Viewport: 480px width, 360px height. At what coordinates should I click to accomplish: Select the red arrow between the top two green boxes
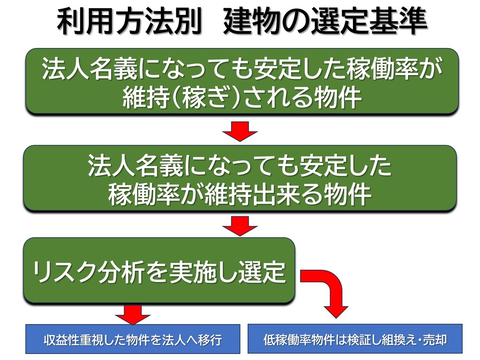point(240,131)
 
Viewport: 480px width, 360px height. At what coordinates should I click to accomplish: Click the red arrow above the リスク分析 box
point(240,226)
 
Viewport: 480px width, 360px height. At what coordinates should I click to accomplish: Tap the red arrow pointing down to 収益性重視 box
point(133,315)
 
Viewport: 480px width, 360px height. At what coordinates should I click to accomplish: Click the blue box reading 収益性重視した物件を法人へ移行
point(133,339)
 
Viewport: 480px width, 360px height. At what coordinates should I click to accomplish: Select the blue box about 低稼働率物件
point(355,339)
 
